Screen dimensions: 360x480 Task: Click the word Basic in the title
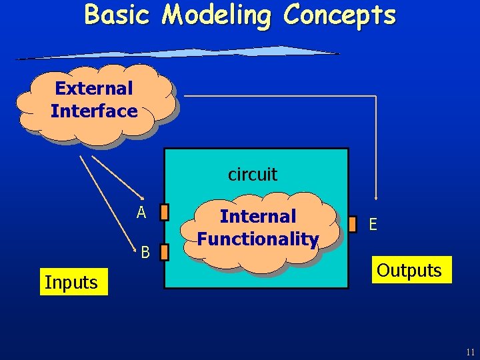pos(117,14)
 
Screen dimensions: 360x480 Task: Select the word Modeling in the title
pos(217,15)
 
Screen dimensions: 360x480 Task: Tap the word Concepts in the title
pos(339,15)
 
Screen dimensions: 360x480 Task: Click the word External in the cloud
pos(94,88)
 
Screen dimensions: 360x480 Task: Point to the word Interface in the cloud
pos(94,111)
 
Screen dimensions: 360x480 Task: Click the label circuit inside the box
pos(253,175)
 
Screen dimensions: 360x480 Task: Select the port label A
pos(141,213)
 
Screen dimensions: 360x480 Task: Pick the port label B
pos(145,252)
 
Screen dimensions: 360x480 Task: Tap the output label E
pos(373,225)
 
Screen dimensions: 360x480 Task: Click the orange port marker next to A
pos(165,212)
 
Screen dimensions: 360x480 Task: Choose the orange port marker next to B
pos(165,252)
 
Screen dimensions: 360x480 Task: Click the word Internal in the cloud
pos(258,216)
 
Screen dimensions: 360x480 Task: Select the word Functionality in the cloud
pos(258,238)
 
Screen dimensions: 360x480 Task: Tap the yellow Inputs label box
pos(71,283)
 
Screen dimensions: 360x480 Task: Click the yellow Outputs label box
pos(409,270)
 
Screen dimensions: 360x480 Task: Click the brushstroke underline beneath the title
pos(180,53)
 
